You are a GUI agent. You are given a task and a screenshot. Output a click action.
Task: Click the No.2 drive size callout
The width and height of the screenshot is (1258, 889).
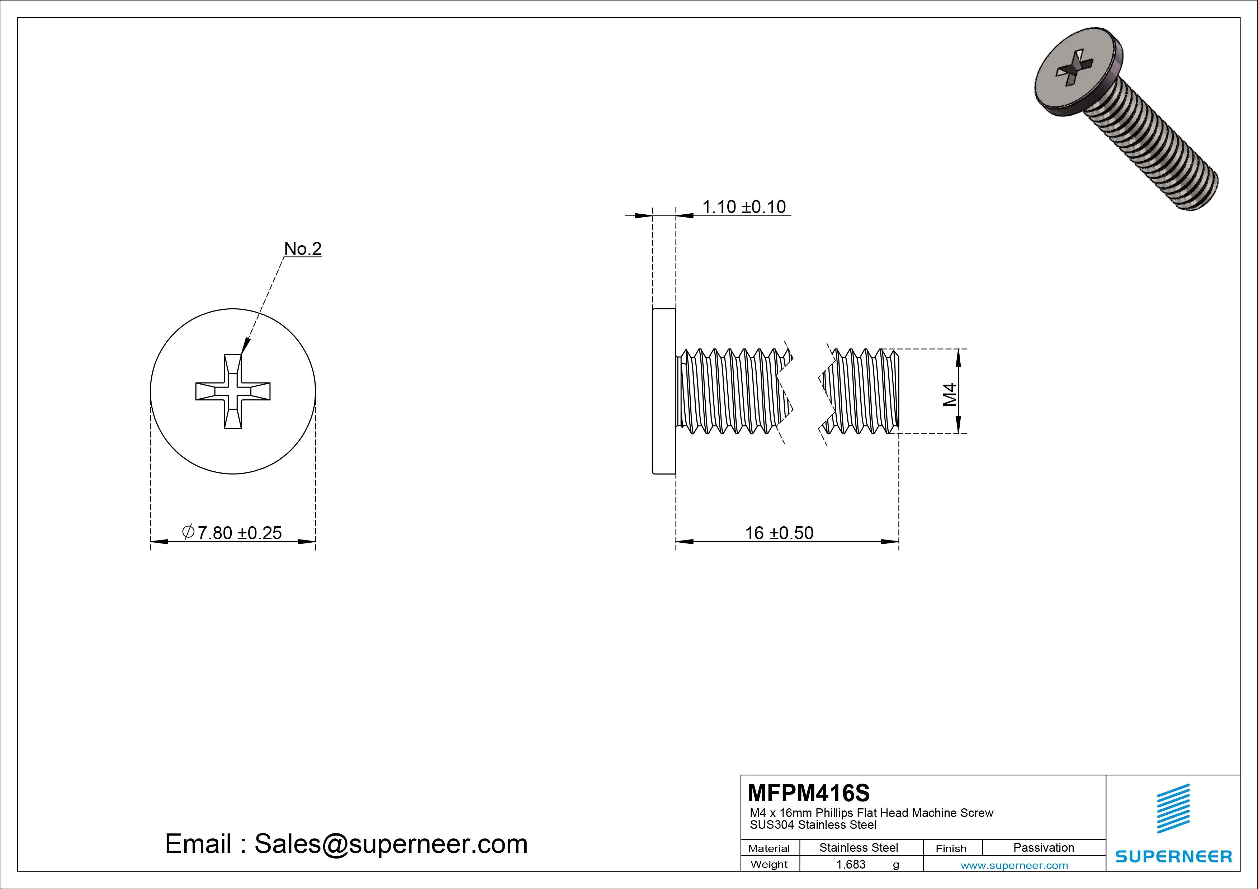302,249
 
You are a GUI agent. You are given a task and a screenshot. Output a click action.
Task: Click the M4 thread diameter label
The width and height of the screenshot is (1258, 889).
950,394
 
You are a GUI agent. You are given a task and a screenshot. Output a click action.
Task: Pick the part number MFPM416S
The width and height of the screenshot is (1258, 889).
808,793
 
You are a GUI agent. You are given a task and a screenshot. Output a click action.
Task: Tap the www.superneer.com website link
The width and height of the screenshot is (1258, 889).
1014,865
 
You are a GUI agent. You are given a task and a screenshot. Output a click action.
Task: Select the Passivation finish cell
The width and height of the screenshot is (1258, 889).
1043,847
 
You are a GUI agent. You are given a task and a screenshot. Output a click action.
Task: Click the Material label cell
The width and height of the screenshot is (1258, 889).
769,848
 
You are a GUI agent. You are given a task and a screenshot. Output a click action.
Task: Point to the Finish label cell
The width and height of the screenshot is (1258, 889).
951,848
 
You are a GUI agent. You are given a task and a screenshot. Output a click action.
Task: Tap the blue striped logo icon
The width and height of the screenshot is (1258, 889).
1173,808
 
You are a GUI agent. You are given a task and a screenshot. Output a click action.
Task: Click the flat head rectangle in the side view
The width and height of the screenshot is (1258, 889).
663,391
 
